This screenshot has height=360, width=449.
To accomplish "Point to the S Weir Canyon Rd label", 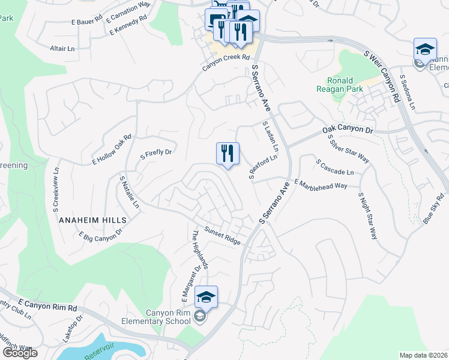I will [x=382, y=74].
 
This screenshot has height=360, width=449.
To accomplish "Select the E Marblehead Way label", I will [x=321, y=185].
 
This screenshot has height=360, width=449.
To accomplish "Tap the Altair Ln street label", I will [x=62, y=48].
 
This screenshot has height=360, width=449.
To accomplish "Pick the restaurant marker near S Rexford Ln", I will [x=228, y=154].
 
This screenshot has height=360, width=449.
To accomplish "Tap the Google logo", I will [x=20, y=352].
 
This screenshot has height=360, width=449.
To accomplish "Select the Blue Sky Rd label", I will [x=433, y=209].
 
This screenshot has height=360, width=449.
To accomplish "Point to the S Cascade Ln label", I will [x=334, y=167].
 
